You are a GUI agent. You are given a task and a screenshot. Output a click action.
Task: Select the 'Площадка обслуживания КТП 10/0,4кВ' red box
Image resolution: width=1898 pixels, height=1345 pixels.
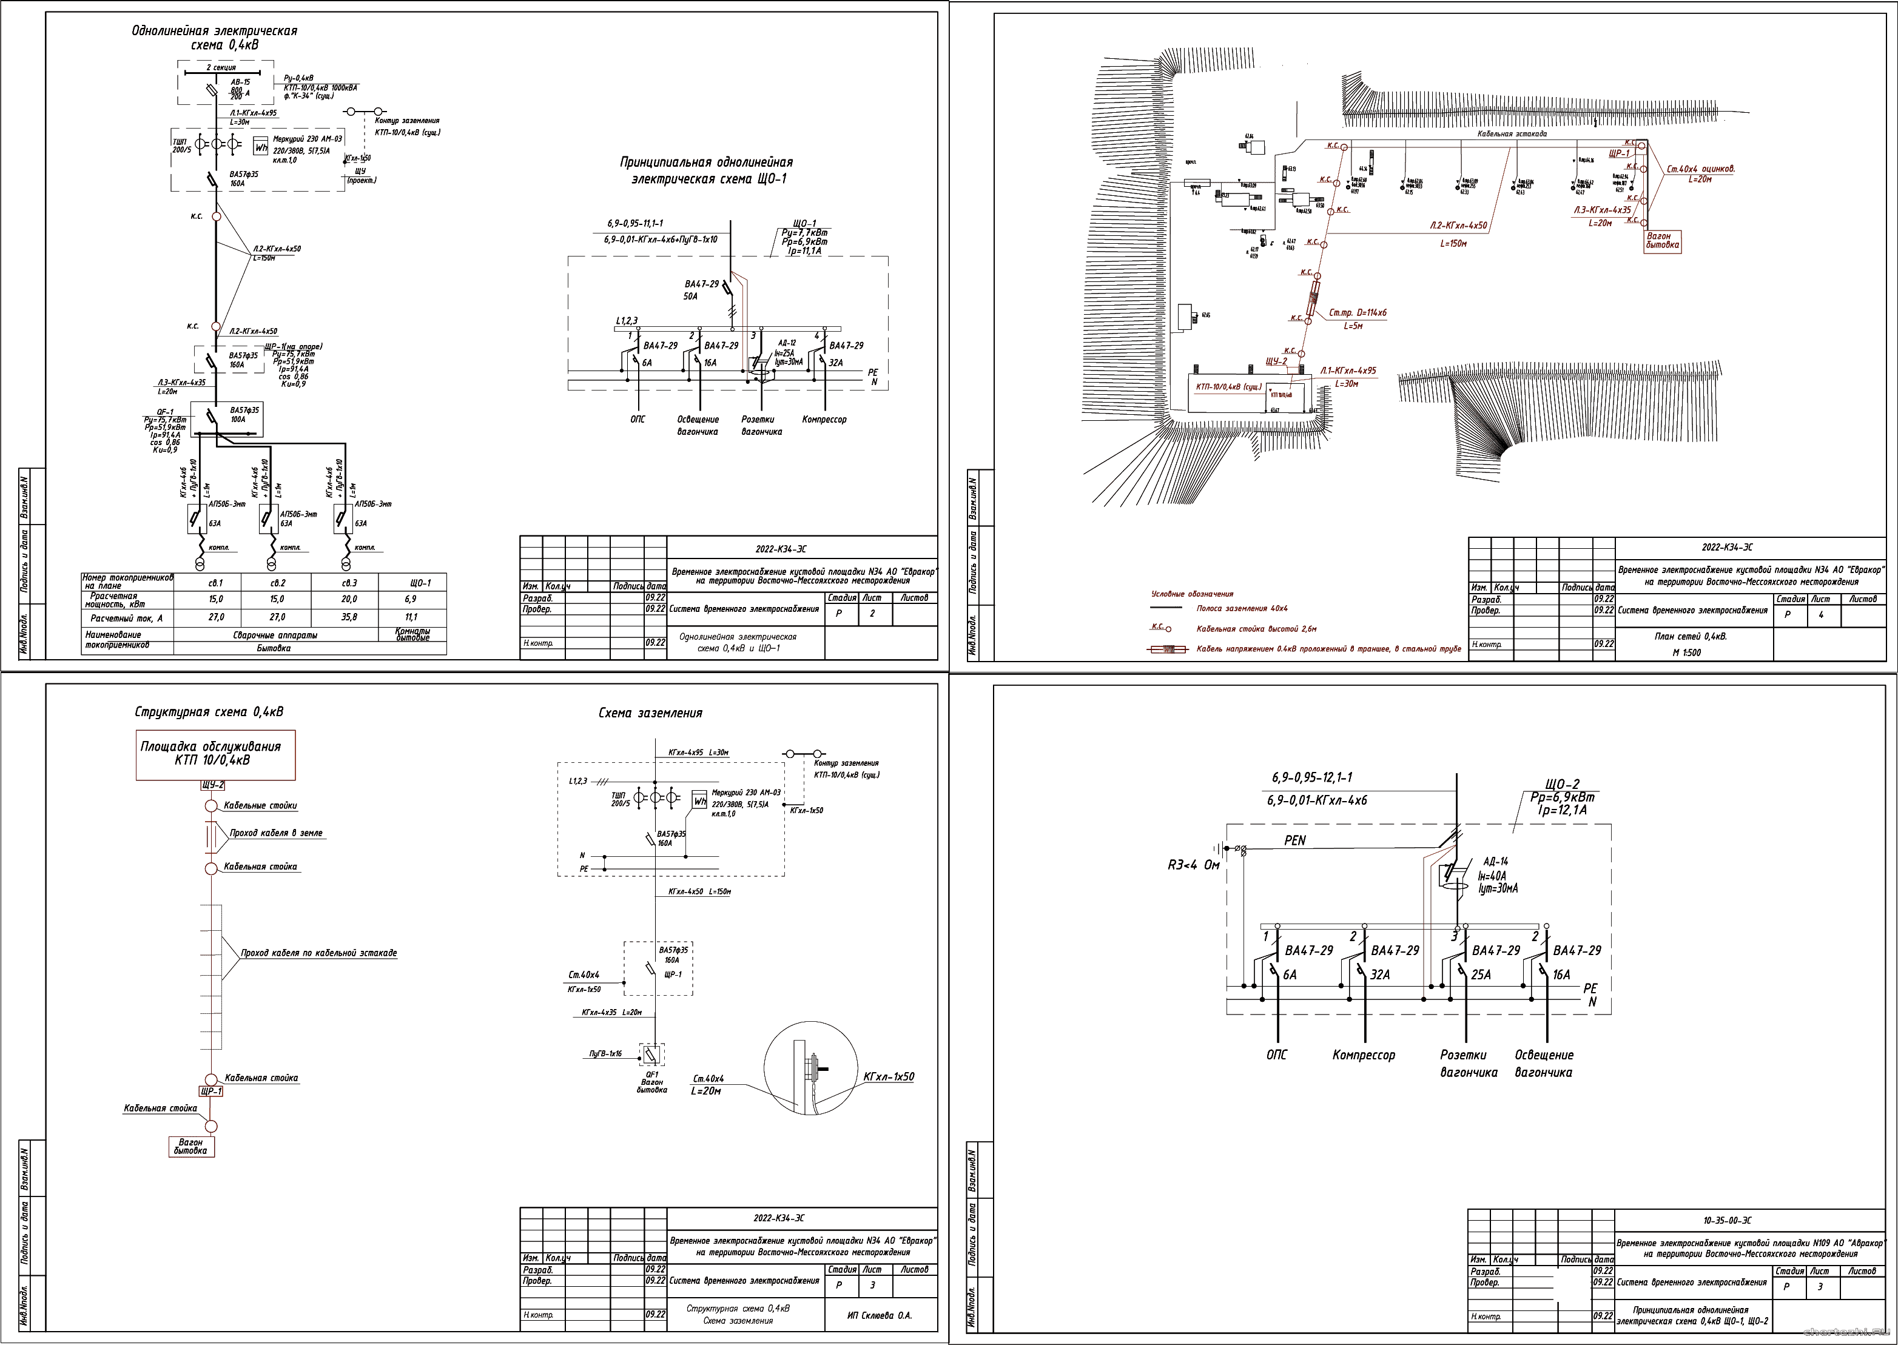click(215, 754)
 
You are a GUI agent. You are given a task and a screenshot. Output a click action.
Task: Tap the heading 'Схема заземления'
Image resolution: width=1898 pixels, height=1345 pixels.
click(650, 713)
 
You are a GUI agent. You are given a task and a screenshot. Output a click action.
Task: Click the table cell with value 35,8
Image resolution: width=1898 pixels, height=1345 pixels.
click(348, 617)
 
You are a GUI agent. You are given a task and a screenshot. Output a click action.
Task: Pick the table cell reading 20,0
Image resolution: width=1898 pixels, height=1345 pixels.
click(348, 599)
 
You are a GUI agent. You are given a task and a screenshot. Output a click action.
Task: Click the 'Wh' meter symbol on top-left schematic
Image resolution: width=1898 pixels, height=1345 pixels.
click(261, 147)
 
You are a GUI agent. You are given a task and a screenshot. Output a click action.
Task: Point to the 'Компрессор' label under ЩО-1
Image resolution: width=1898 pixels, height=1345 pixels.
click(824, 420)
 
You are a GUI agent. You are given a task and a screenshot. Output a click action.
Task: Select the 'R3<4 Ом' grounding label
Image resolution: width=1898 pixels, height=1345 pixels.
click(1193, 865)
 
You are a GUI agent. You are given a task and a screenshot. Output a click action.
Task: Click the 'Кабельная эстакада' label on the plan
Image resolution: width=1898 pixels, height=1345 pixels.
click(1512, 133)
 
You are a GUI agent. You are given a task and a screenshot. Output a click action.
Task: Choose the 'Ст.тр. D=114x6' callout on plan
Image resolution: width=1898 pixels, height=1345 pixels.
click(1357, 313)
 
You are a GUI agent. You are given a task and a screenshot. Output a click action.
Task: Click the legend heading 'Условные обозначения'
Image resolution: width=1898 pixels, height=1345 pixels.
click(1191, 594)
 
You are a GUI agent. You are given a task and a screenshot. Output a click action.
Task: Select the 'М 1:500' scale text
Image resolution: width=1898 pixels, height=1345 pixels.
click(1686, 652)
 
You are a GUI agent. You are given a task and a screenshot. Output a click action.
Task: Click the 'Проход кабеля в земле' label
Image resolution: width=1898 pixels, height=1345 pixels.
click(276, 833)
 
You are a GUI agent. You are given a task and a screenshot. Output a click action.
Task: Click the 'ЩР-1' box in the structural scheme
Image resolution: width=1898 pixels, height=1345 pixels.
click(211, 1092)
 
